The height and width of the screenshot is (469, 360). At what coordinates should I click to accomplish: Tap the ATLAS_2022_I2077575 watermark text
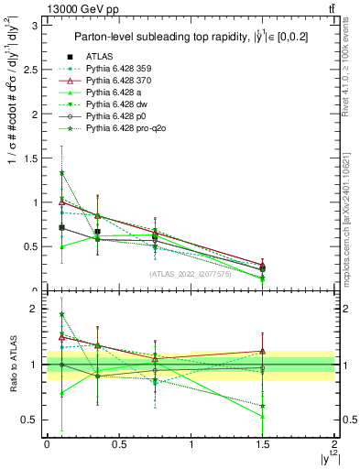pos(190,273)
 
